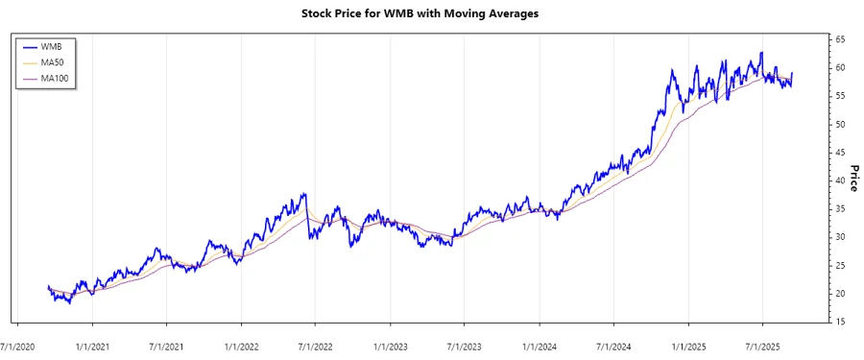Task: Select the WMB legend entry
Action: coord(52,46)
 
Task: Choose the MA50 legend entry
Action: coord(54,61)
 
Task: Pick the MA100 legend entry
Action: coord(56,78)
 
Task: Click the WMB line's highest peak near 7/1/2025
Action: coord(761,53)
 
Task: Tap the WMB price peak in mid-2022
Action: coord(304,194)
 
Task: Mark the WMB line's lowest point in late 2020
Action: coord(69,303)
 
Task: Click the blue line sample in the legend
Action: coord(29,46)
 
